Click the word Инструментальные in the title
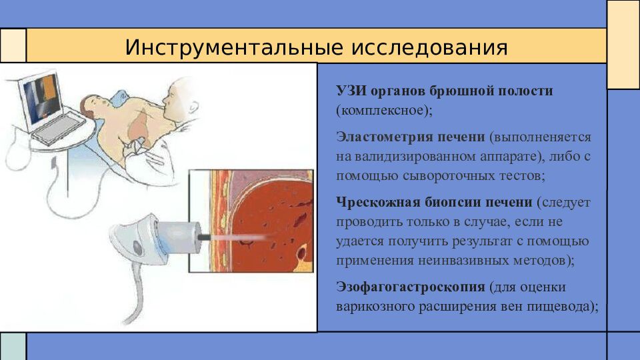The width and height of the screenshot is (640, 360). (x=234, y=47)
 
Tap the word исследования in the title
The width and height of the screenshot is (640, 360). (x=429, y=47)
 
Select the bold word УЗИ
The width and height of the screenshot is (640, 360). (x=351, y=91)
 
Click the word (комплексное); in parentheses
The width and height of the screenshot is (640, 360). (x=384, y=110)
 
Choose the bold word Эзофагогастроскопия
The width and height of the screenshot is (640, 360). (x=411, y=287)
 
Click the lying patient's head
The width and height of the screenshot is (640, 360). (x=92, y=106)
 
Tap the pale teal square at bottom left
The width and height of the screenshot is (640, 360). (x=13, y=347)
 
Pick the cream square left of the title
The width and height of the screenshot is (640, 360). (x=13, y=45)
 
